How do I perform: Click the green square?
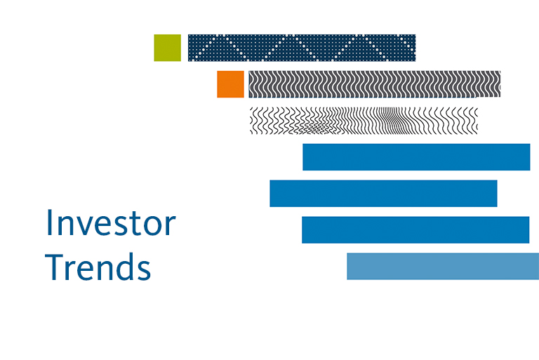click(x=168, y=48)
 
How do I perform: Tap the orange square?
click(x=230, y=84)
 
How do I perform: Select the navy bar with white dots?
click(x=302, y=48)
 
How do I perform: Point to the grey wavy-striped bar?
click(x=374, y=84)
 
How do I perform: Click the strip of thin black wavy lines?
click(x=364, y=121)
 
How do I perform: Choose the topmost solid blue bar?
click(x=416, y=157)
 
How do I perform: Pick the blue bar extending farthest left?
click(x=383, y=194)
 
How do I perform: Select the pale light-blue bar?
click(x=443, y=267)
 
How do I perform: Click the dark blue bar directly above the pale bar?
click(x=415, y=230)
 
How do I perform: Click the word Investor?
click(x=111, y=223)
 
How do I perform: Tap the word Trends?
click(x=98, y=267)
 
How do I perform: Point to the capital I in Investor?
click(x=48, y=222)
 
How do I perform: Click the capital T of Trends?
click(x=54, y=267)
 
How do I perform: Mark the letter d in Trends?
click(x=126, y=267)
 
